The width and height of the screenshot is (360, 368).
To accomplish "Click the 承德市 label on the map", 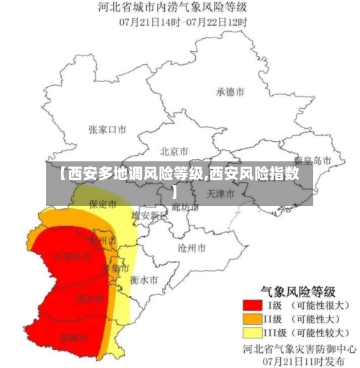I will coord(230,91).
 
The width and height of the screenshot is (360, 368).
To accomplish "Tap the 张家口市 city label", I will coord(107,130).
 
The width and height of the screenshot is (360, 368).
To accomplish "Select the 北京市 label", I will coord(174,151).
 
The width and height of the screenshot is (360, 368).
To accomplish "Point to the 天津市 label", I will coord(220,194).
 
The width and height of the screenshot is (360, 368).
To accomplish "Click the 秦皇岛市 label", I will coord(313,160).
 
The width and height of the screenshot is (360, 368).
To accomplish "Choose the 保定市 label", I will coord(102,204).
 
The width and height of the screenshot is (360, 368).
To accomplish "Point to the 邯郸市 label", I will coord(74,336).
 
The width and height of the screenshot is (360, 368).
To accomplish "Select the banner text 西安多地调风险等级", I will coord(132,174).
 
